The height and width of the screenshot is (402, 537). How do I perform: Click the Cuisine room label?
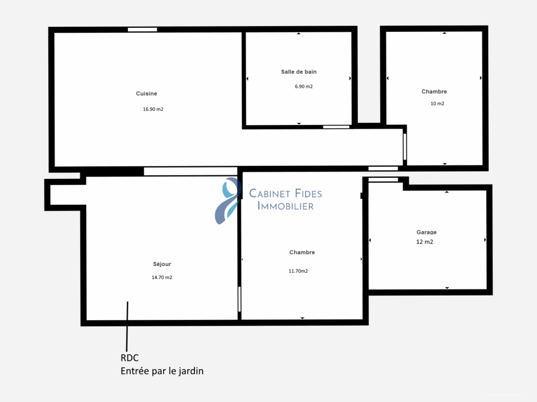point(146,94)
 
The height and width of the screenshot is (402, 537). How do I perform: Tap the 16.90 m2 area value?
point(153,109)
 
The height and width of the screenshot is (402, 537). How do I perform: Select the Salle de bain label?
point(299,72)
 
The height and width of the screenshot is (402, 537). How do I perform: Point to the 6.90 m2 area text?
point(304,86)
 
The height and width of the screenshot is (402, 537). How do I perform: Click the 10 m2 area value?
point(437,104)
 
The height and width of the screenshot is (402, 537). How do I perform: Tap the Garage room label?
point(426,232)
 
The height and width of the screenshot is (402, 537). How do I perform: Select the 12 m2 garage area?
point(425,242)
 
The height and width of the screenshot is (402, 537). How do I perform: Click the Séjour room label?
point(163,264)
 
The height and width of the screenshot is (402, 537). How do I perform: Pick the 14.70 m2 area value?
point(162,277)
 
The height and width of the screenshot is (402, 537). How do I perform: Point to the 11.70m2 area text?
point(298,271)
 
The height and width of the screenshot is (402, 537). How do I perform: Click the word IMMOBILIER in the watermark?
point(285,206)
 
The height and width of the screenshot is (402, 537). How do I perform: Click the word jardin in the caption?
point(191,371)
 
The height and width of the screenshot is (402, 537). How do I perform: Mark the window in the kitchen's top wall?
point(143,29)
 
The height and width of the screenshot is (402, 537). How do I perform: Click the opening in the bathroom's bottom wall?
point(336,127)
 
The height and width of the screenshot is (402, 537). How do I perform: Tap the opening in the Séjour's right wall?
point(239,299)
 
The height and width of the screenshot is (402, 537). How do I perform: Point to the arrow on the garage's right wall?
point(485,240)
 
